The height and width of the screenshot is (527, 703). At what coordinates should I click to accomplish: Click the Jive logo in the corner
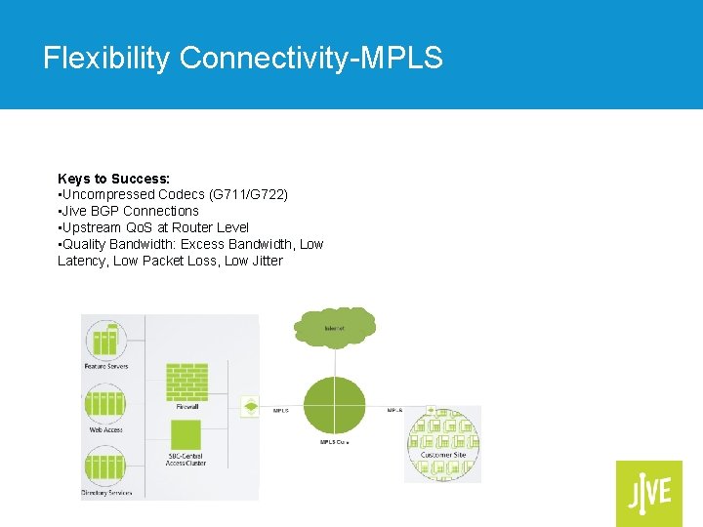pos(648,493)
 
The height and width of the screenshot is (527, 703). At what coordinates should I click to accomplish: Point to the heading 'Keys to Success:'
pos(114,179)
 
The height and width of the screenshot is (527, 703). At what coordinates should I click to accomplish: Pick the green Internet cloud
pos(335,327)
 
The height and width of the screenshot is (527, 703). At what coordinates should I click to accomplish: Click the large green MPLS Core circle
pos(335,406)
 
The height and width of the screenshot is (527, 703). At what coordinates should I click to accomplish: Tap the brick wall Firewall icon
pos(187,381)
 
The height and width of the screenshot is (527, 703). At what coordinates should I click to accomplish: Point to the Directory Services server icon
pos(104,467)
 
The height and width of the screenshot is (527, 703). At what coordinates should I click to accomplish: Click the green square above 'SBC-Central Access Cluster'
pos(186,434)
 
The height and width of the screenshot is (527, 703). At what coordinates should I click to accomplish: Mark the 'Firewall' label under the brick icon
pos(187,406)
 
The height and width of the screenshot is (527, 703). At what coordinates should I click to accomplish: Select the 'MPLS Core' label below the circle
pos(335,442)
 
